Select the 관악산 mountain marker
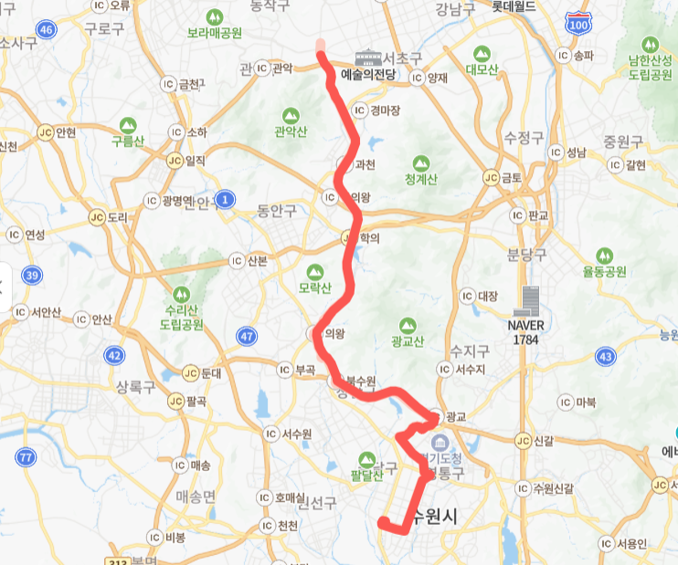click(291, 116)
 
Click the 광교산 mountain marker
click(407, 324)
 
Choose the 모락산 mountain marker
click(315, 272)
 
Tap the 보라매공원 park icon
click(215, 17)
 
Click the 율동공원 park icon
click(604, 255)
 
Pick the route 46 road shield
click(48, 29)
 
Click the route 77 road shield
click(26, 456)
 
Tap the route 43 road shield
click(604, 355)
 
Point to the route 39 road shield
click(32, 275)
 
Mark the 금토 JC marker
click(492, 177)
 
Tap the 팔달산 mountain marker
click(366, 458)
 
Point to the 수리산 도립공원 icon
click(179, 294)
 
